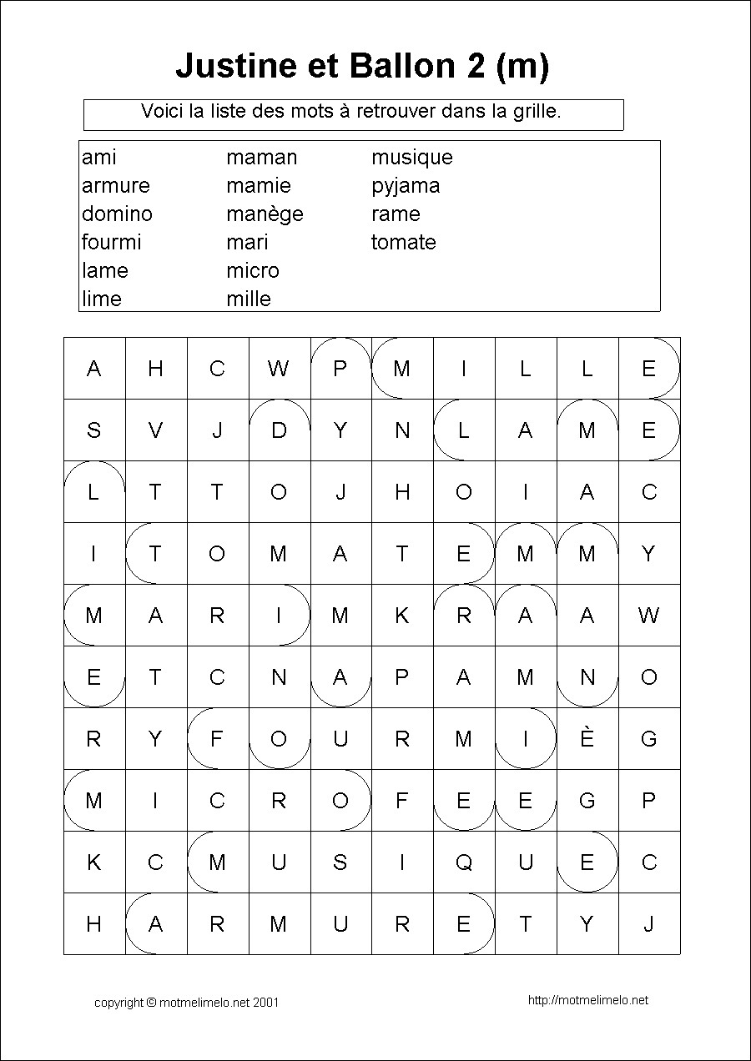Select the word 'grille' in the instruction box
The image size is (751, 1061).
point(535,111)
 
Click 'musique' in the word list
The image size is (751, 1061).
point(411,158)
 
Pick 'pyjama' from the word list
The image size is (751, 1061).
point(406,186)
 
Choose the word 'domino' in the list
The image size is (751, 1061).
point(117,214)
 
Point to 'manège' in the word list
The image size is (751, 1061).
point(265,214)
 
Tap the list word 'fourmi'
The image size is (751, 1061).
point(112,243)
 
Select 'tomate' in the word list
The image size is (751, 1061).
point(404,243)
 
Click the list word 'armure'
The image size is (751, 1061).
point(116,186)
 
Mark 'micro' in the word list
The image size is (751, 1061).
point(253,271)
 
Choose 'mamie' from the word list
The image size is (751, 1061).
point(259,186)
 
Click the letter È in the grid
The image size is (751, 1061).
point(587,738)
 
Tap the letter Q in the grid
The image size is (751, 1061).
point(464,862)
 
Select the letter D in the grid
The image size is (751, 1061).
point(279,430)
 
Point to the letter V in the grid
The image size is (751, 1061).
point(155,430)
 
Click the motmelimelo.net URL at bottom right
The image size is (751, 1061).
point(587,1000)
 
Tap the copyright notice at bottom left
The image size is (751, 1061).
point(186,1003)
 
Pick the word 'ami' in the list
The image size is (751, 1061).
point(99,158)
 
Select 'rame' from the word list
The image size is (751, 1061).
point(396,214)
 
